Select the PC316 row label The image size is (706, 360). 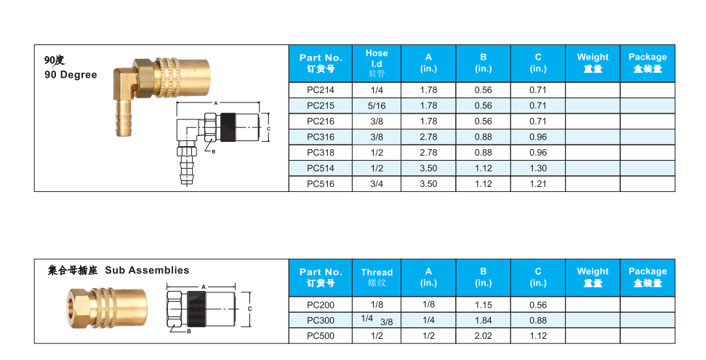click(x=321, y=137)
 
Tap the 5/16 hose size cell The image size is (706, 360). click(x=377, y=105)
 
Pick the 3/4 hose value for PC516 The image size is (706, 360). click(x=377, y=184)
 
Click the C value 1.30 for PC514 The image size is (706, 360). click(x=538, y=168)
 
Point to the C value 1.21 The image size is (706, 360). click(x=538, y=184)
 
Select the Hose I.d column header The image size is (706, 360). click(x=377, y=63)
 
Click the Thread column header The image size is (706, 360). click(x=377, y=277)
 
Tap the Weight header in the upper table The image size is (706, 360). click(x=593, y=63)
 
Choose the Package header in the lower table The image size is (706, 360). click(x=647, y=276)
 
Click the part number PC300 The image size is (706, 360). click(x=321, y=320)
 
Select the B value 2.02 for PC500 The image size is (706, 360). click(x=483, y=335)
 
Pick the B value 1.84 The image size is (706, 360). click(x=483, y=320)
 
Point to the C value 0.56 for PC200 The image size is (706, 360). click(x=538, y=305)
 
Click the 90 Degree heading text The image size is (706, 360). click(x=71, y=75)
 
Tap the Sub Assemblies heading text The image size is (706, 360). click(x=147, y=270)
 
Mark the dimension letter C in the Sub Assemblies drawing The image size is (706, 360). click(x=250, y=308)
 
